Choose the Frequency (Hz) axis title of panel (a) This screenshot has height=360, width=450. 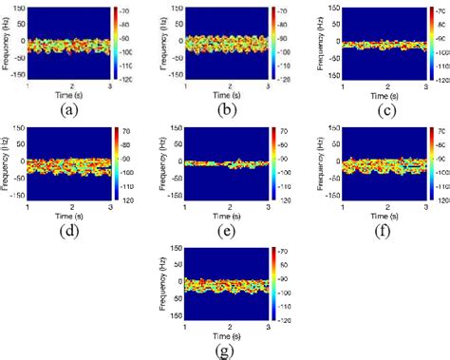coord(8,43)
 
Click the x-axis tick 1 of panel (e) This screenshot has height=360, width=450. coord(186,207)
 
